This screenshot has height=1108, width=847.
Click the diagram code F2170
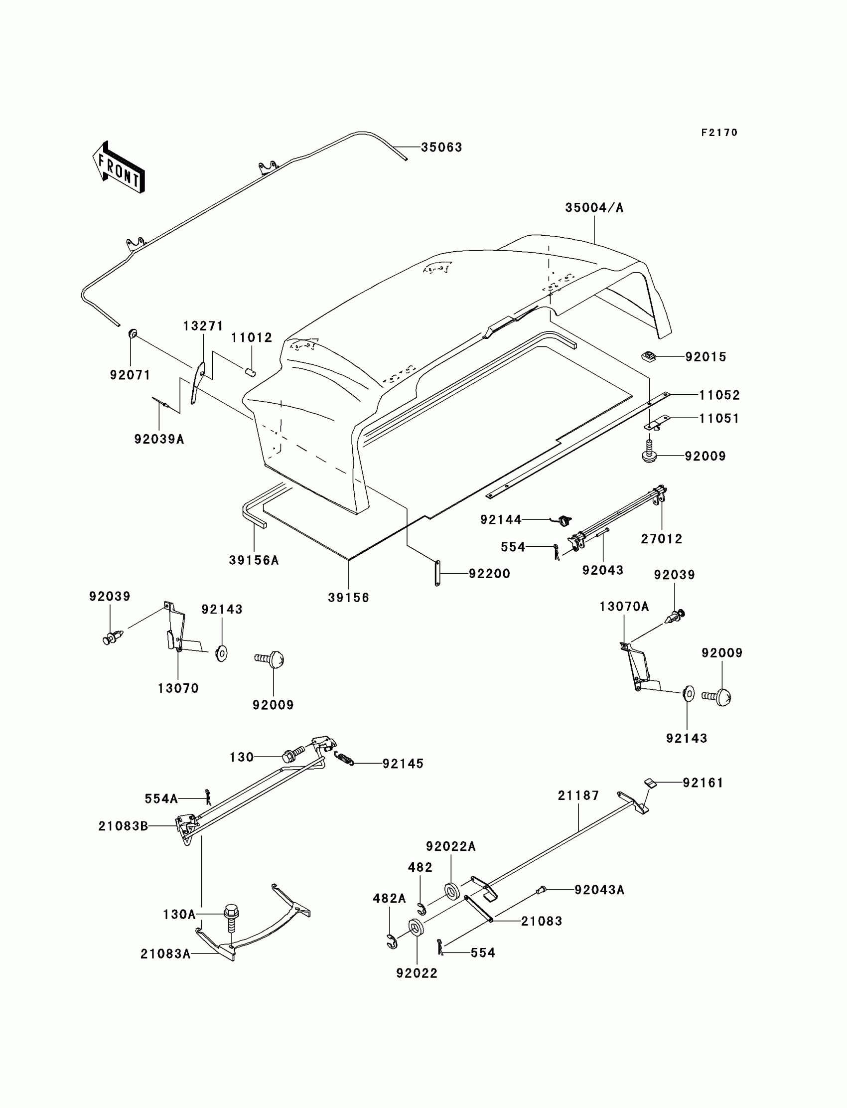[719, 133]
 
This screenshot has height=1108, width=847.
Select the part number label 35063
[441, 147]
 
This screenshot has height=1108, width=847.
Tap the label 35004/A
[594, 208]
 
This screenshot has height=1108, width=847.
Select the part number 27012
[662, 539]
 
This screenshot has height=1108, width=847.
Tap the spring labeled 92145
[344, 758]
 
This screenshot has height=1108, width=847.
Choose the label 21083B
[123, 826]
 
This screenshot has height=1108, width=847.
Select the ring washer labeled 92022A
[451, 891]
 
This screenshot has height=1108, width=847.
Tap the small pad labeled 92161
[650, 783]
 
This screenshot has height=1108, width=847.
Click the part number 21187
[578, 795]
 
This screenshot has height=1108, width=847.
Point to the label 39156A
[254, 560]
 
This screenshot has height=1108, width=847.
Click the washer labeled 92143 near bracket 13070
[221, 653]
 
